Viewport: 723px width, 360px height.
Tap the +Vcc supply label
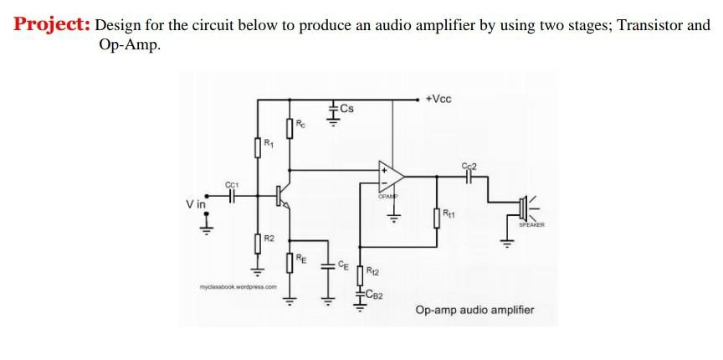pyautogui.click(x=438, y=99)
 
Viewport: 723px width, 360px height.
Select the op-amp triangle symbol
pyautogui.click(x=389, y=175)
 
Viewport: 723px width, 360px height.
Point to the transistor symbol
pyautogui.click(x=282, y=195)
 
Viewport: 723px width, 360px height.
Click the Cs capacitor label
pyautogui.click(x=346, y=109)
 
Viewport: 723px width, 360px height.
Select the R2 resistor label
pyautogui.click(x=269, y=240)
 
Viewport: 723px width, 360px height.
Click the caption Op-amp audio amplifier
pyautogui.click(x=474, y=311)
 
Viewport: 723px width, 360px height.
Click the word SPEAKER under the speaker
pyautogui.click(x=531, y=224)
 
